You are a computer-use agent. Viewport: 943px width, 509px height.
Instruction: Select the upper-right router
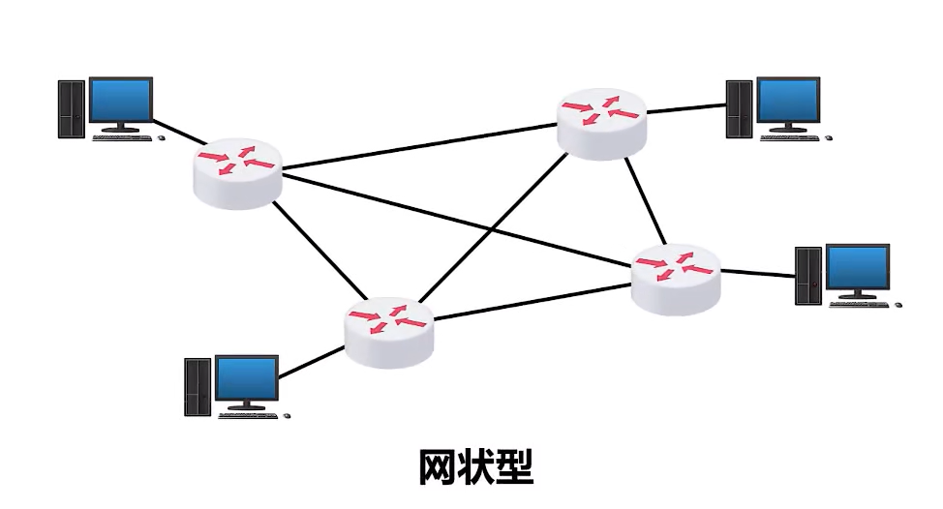(x=601, y=124)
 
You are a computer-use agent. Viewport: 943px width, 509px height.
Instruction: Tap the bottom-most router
(x=389, y=332)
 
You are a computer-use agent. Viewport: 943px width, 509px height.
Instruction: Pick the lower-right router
(x=676, y=280)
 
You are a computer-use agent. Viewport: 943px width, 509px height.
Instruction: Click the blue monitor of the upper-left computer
(x=121, y=101)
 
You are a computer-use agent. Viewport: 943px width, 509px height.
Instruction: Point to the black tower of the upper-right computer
(x=739, y=109)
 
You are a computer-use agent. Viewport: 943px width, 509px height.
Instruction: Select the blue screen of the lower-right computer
(x=858, y=268)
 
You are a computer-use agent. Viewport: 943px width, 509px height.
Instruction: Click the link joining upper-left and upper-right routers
(x=420, y=147)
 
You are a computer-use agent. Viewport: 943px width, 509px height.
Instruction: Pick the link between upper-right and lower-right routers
(x=646, y=201)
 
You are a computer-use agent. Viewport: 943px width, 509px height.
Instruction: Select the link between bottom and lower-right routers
(x=532, y=302)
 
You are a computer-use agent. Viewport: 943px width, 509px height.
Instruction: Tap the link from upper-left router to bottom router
(x=319, y=250)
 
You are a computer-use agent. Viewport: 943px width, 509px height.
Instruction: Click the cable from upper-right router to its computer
(x=686, y=108)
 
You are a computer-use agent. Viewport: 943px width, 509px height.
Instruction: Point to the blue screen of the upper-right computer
(x=788, y=101)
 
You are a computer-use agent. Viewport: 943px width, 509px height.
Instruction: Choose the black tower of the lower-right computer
(x=808, y=276)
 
